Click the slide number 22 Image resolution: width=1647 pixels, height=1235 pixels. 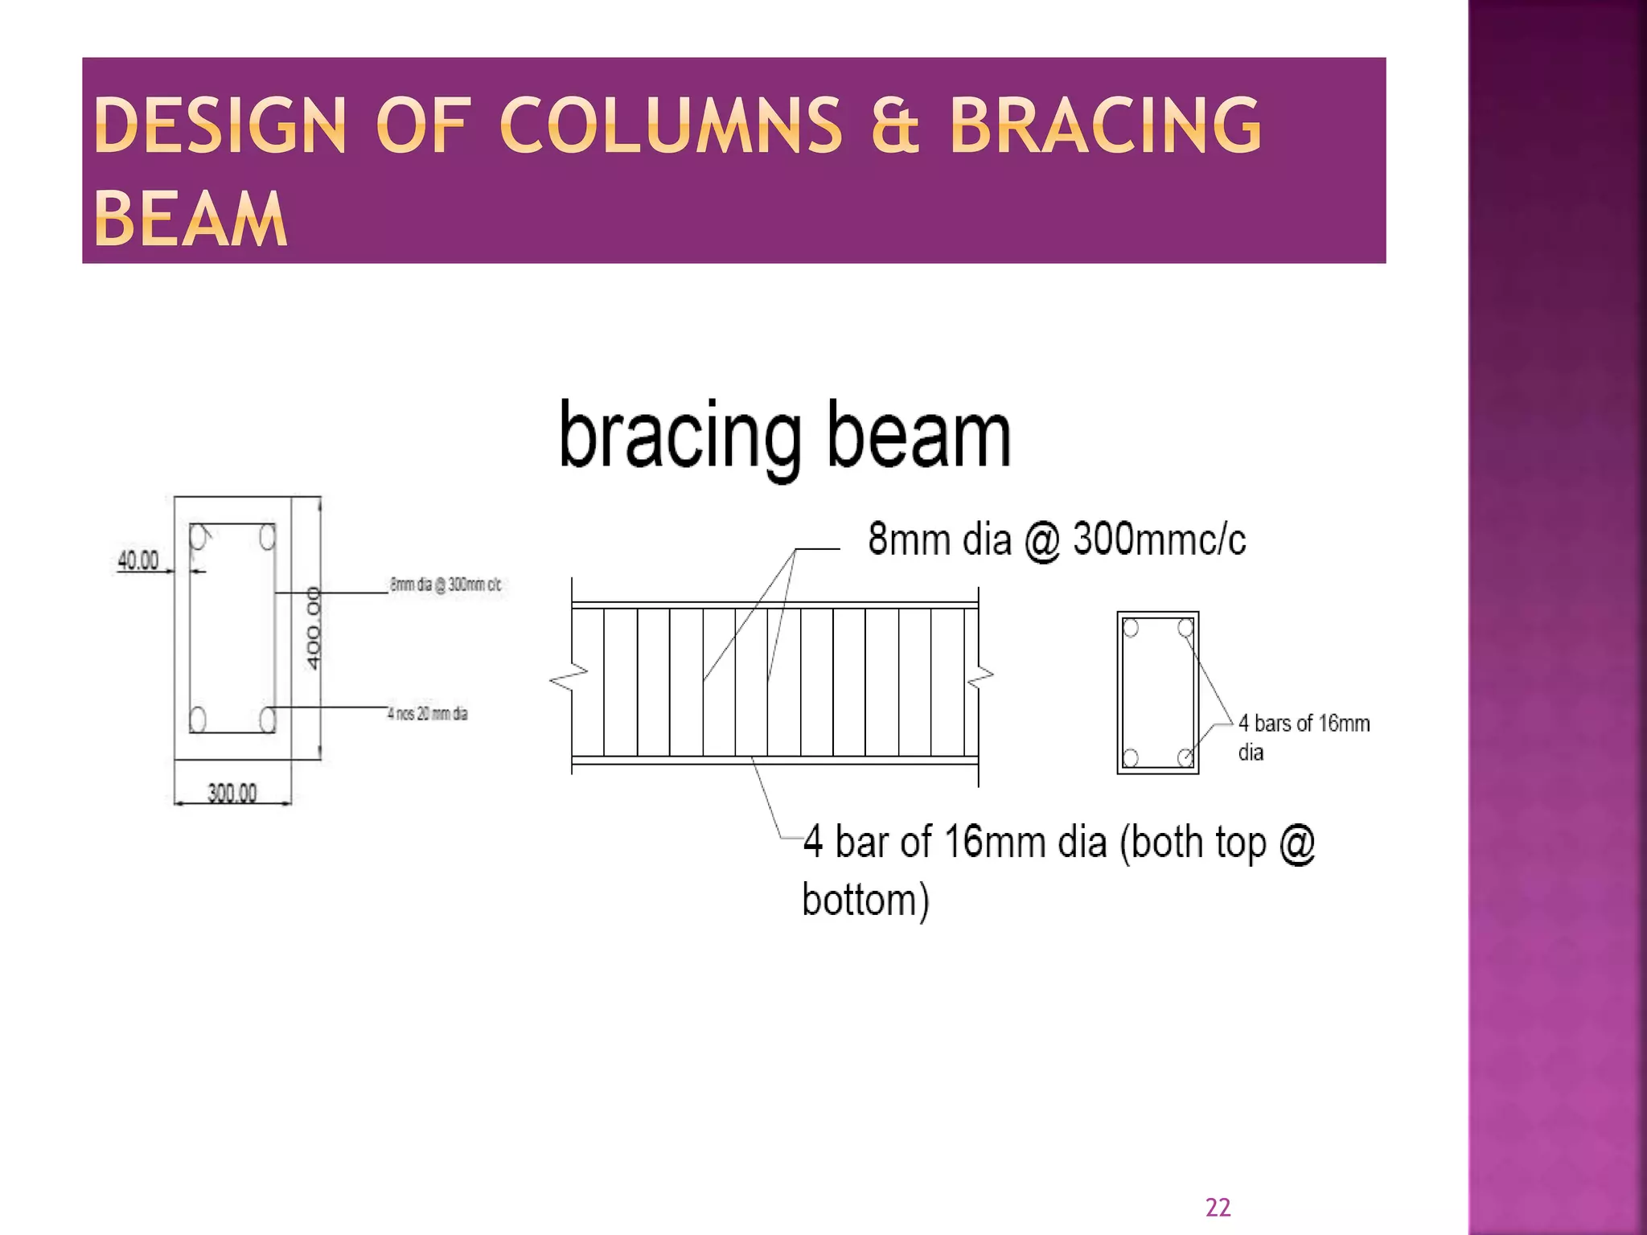[1218, 1207]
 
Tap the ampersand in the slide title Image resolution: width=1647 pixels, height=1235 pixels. [894, 126]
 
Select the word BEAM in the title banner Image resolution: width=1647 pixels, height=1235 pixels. [191, 220]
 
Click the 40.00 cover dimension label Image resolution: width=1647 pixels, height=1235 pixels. [138, 560]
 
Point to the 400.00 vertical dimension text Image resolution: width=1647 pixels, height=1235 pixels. [314, 628]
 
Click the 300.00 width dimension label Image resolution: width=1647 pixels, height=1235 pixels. [232, 794]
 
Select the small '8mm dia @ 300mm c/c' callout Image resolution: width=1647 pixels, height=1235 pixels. [446, 585]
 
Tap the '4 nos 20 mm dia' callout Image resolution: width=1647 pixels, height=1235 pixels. [427, 713]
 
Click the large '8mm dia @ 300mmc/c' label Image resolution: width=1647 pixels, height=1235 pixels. [1057, 540]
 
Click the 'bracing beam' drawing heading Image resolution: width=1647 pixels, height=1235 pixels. [784, 435]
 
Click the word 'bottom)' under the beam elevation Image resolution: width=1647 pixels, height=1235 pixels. [865, 900]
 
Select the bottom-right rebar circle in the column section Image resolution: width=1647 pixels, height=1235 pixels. [268, 719]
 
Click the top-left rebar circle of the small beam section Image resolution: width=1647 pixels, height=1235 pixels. [1131, 628]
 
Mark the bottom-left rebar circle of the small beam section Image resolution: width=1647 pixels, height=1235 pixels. [1131, 757]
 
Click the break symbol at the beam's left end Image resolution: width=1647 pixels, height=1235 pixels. [569, 678]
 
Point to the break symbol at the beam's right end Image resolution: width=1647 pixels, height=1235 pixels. [980, 678]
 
